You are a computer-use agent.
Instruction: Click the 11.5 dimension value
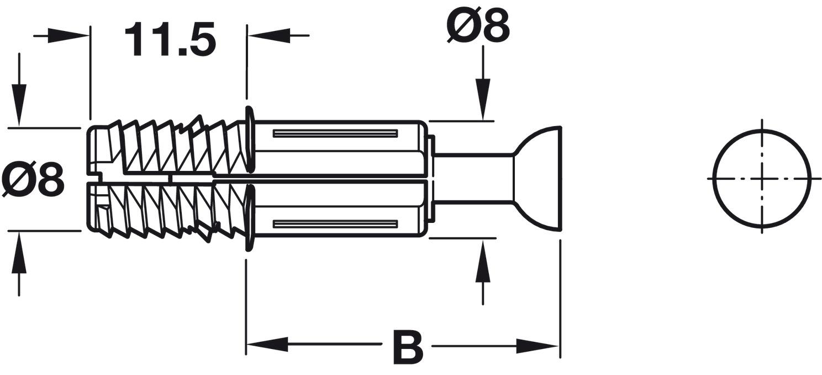point(169,39)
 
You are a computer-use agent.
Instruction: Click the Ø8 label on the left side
point(33,180)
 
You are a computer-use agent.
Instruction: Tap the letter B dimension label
point(407,347)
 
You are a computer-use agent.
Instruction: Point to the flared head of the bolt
point(538,178)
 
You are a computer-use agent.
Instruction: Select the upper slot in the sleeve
point(335,133)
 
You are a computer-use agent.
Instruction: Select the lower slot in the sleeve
point(335,224)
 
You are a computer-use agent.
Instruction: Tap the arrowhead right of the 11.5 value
point(268,36)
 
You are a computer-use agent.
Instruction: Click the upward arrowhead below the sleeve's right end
point(483,261)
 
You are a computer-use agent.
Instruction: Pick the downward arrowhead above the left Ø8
point(19,106)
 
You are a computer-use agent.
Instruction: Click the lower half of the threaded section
point(171,209)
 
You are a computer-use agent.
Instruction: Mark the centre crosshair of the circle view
point(762,179)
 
